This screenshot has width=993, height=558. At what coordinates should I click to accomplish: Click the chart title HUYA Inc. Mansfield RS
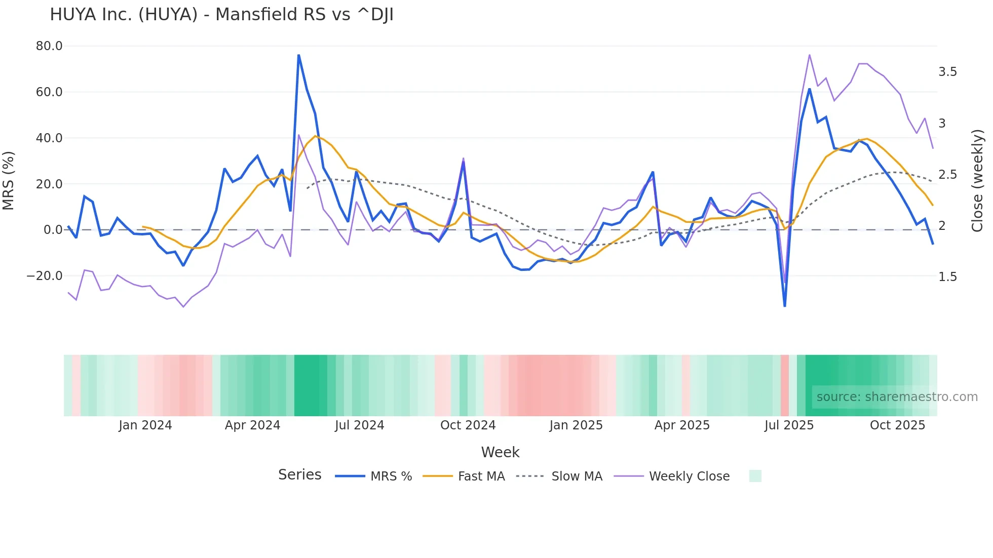[221, 15]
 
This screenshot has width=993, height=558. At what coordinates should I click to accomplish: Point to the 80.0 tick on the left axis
[49, 46]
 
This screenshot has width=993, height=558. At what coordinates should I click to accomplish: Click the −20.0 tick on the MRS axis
[45, 276]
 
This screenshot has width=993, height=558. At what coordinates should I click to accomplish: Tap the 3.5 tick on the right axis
[947, 72]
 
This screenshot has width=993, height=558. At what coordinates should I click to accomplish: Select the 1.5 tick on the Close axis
[947, 277]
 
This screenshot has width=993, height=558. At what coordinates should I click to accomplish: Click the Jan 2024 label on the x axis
[145, 425]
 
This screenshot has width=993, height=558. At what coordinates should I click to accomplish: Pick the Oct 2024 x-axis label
[468, 425]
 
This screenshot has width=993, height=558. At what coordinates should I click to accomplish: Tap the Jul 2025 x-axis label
[789, 425]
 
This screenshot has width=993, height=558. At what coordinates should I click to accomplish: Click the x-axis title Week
[500, 452]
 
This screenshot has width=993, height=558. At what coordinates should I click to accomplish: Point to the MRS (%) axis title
[9, 181]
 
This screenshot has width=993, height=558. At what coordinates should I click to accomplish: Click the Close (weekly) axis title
[977, 181]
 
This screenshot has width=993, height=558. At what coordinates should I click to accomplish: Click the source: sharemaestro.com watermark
[897, 397]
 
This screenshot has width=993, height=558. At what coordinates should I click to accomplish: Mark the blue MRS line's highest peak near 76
[298, 55]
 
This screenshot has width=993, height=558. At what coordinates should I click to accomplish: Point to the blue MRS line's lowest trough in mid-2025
[785, 306]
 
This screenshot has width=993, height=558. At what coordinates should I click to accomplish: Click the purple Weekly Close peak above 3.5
[810, 55]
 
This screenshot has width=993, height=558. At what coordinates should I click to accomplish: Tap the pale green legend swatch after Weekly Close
[755, 476]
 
